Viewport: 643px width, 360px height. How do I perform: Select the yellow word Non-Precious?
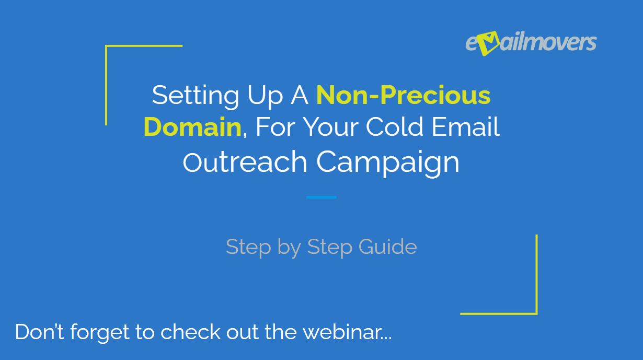coord(403,95)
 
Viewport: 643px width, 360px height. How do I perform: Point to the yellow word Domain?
coord(192,127)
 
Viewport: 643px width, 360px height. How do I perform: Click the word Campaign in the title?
coord(387,162)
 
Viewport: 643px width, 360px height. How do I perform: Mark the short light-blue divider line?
coord(321,198)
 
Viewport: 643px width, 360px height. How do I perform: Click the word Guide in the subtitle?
coord(387,247)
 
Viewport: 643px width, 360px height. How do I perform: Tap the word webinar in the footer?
coord(347,332)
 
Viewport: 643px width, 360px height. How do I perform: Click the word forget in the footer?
coord(99,333)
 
